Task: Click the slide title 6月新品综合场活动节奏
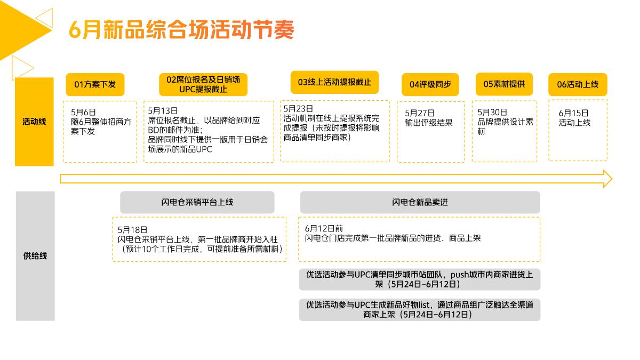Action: [x=181, y=30]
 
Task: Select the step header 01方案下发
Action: [x=95, y=84]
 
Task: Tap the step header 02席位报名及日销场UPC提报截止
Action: [x=203, y=84]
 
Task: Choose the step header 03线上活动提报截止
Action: [x=334, y=82]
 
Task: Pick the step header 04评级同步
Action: [x=430, y=84]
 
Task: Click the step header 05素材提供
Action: [x=504, y=84]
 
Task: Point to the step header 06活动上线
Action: [x=578, y=84]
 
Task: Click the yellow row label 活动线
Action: [x=34, y=122]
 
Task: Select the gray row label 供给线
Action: [x=35, y=256]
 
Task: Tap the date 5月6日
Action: [x=83, y=112]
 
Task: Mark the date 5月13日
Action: [x=163, y=110]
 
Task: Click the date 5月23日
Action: [x=298, y=108]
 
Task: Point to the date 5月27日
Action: [x=420, y=113]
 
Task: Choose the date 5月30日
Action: [x=492, y=112]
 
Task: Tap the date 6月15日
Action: [x=573, y=113]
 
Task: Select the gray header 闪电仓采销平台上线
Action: [x=197, y=203]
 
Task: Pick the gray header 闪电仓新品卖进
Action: [x=420, y=203]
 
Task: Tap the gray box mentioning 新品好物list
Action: [x=420, y=310]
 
